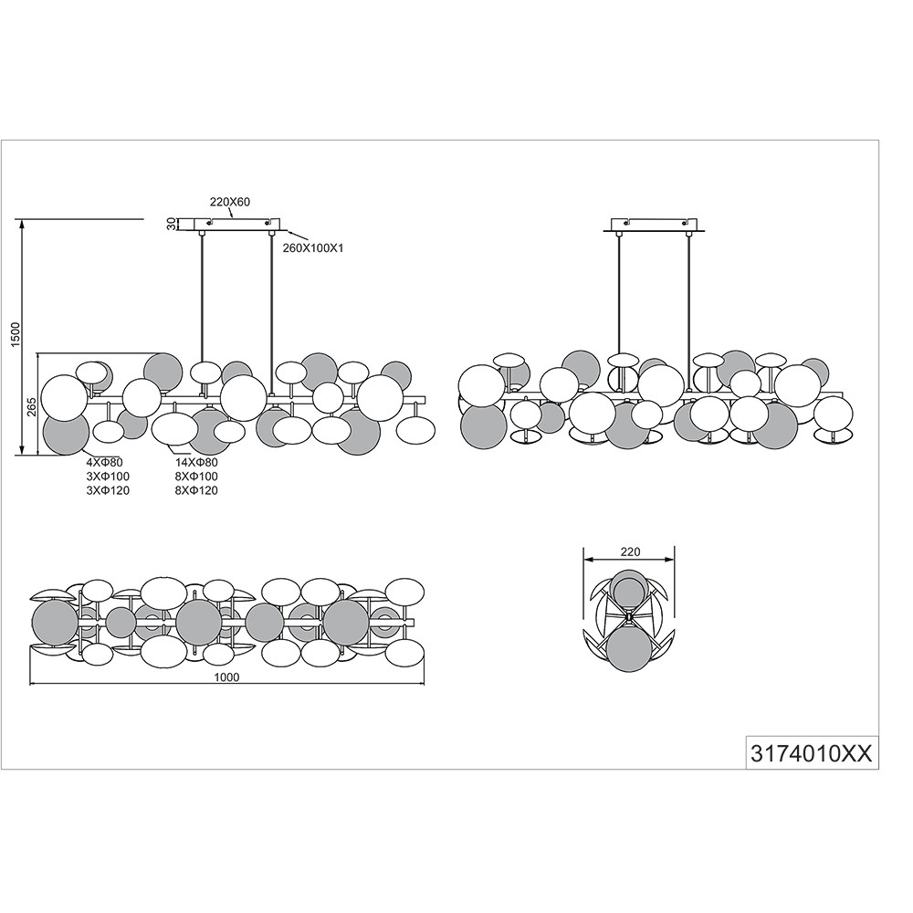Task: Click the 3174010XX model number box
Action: tap(813, 753)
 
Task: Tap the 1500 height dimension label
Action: tap(16, 334)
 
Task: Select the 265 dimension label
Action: tap(32, 406)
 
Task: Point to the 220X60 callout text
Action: tap(230, 202)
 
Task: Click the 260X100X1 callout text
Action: tap(313, 248)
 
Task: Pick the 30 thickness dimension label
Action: tap(172, 225)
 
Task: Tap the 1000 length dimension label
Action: tap(227, 677)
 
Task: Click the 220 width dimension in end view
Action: tap(631, 552)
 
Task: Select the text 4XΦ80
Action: tap(105, 463)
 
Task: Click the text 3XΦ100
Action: tap(108, 477)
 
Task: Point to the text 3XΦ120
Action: tap(108, 491)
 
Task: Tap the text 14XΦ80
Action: tap(196, 463)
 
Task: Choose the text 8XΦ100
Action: tap(196, 477)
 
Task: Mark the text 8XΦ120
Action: tap(196, 491)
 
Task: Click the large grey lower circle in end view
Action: tap(630, 649)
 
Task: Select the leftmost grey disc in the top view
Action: tap(55, 623)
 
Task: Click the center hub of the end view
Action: tap(629, 614)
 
